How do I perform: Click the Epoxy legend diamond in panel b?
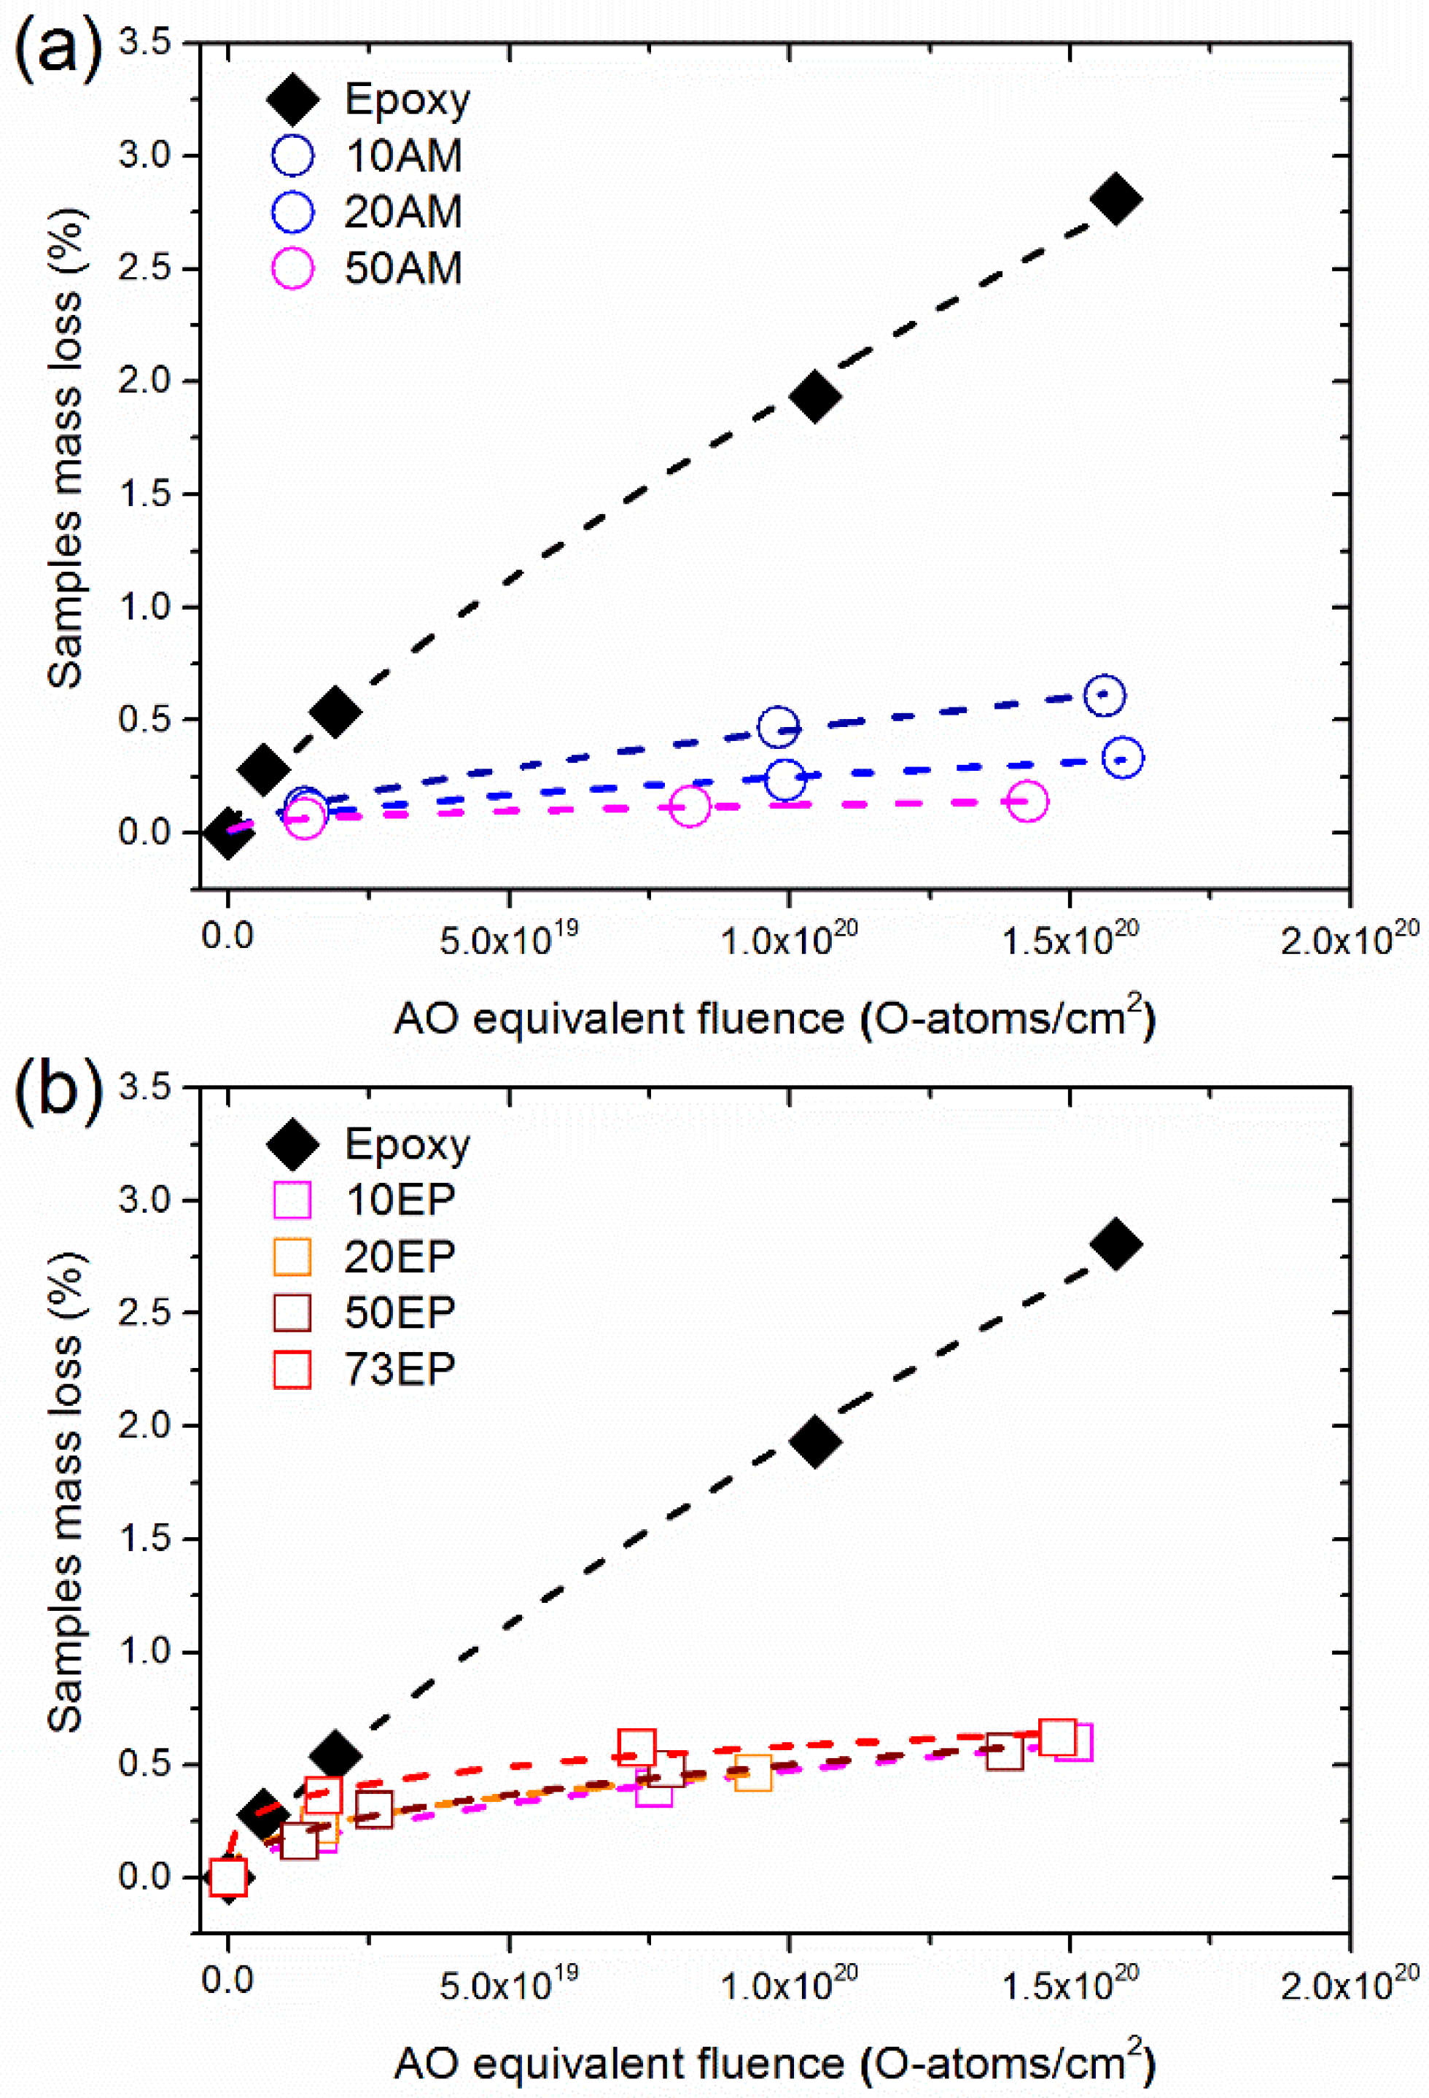pos(293,1143)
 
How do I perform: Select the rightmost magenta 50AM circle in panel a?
pos(1027,801)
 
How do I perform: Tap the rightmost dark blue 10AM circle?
pos(1104,695)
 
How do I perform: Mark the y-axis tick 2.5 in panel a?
pos(144,269)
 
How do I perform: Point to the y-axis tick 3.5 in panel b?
pos(144,1088)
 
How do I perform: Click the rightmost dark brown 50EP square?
pos(1004,1752)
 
